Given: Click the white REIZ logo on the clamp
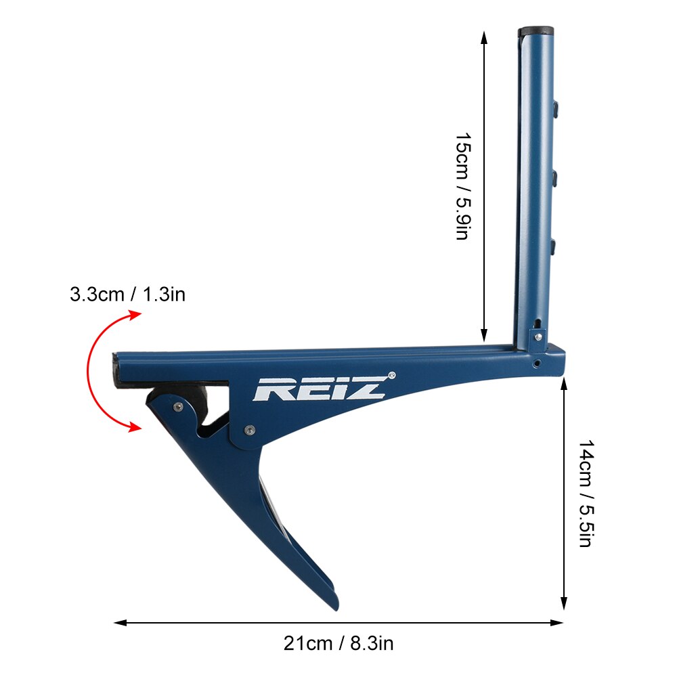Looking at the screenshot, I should click(x=319, y=389).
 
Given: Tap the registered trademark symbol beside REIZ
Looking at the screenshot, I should click(x=391, y=374).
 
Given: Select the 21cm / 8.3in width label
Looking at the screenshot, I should click(x=338, y=643).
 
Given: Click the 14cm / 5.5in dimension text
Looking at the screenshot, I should click(x=586, y=494).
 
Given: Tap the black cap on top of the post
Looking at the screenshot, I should click(x=536, y=31).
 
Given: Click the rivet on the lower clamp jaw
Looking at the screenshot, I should click(x=177, y=406).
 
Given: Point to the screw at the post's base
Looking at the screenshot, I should click(x=538, y=336).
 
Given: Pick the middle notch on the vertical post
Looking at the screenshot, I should click(x=555, y=178).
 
